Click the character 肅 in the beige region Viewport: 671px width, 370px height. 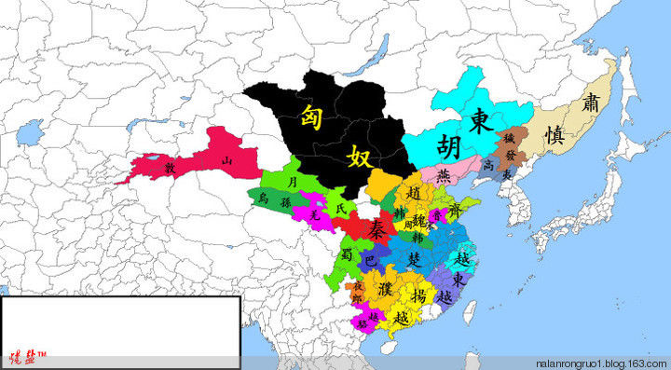pyautogui.click(x=589, y=103)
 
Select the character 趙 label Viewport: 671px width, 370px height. pyautogui.click(x=415, y=193)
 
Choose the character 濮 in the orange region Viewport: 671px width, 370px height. pyautogui.click(x=384, y=276)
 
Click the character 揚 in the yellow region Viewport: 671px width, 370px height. pyautogui.click(x=418, y=295)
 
